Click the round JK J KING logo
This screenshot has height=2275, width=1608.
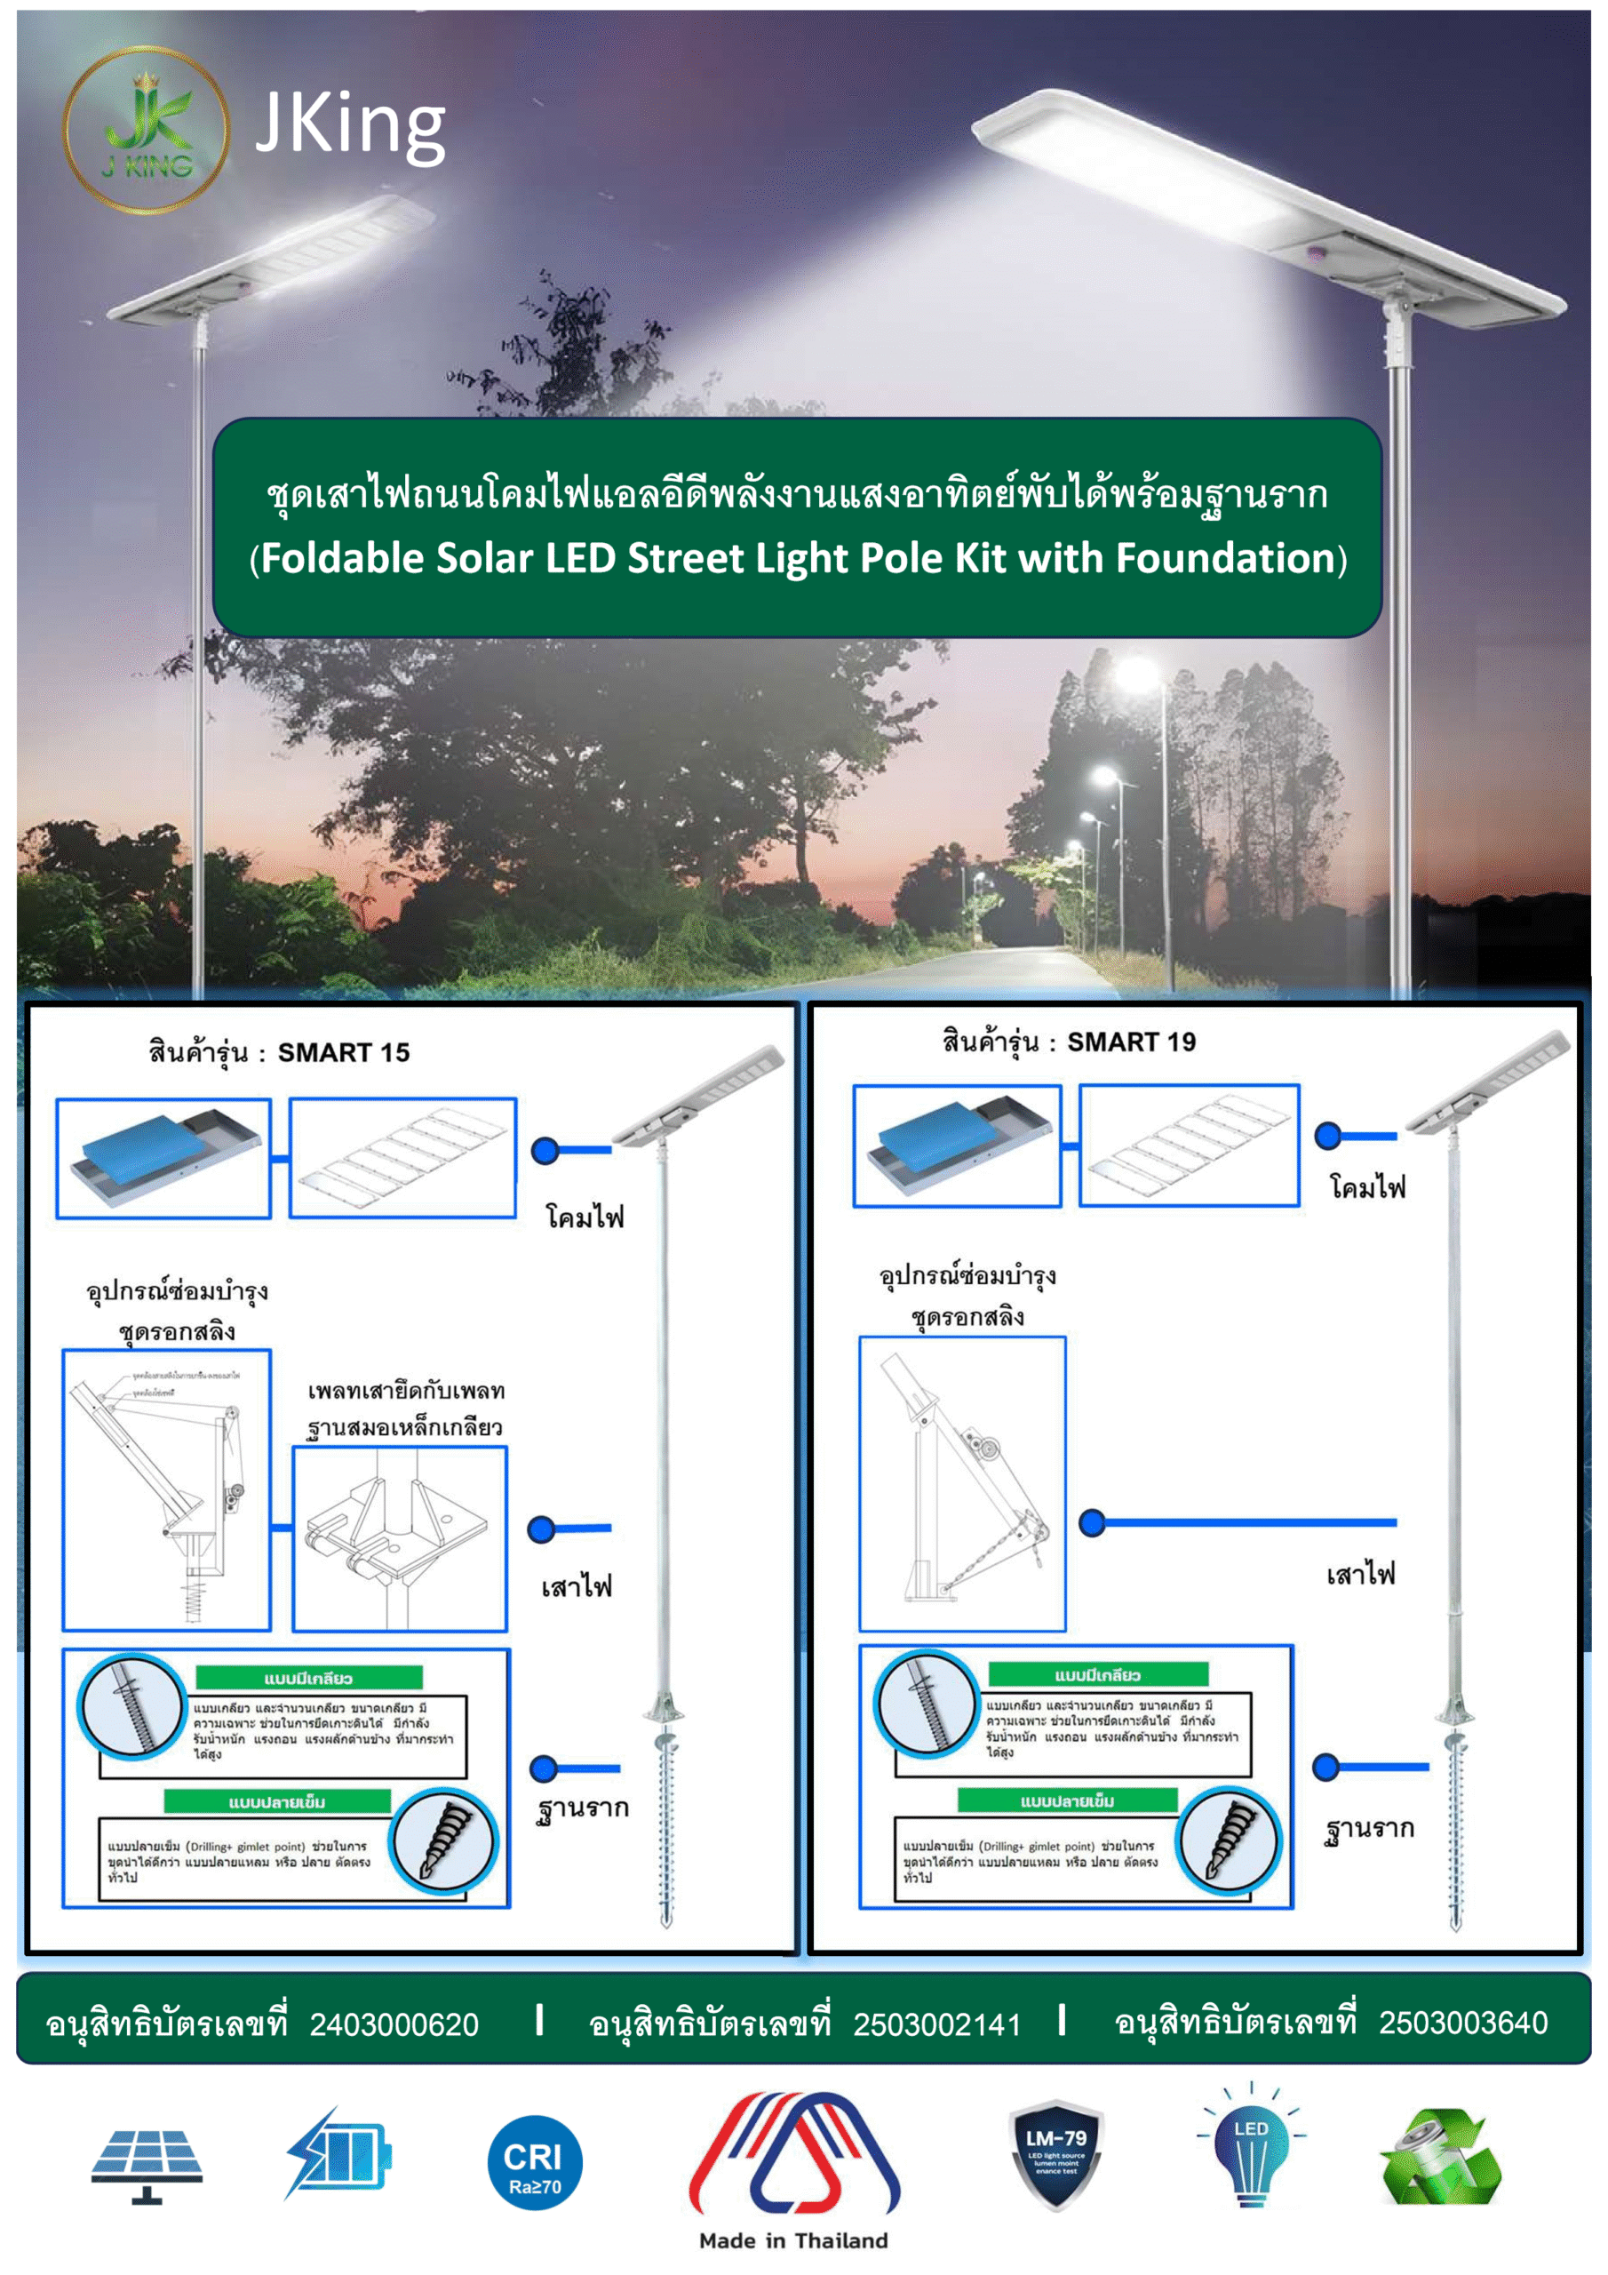pyautogui.click(x=147, y=131)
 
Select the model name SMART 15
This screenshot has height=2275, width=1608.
pyautogui.click(x=343, y=1052)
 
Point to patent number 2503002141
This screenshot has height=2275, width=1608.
pyautogui.click(x=936, y=2024)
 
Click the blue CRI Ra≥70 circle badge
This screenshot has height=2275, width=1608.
pyautogui.click(x=534, y=2162)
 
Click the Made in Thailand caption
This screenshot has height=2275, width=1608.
pyautogui.click(x=792, y=2240)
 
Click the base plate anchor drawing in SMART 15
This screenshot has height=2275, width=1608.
pyautogui.click(x=399, y=1537)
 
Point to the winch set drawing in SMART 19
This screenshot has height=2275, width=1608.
pyautogui.click(x=962, y=1483)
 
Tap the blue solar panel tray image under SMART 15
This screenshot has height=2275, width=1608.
pyautogui.click(x=163, y=1158)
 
